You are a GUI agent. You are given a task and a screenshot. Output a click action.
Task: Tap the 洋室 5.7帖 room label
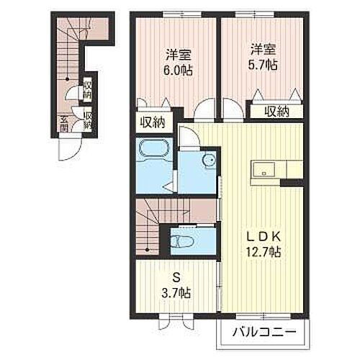[x=264, y=58]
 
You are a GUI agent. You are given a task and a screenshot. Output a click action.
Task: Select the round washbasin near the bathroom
[x=209, y=159]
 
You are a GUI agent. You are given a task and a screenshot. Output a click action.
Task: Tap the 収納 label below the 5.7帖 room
[x=275, y=111]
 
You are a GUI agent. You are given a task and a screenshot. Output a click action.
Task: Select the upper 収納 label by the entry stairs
[x=87, y=90]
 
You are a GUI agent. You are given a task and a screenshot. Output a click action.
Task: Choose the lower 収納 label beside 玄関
[x=87, y=120]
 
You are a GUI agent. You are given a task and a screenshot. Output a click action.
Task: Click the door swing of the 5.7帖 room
[x=232, y=108]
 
